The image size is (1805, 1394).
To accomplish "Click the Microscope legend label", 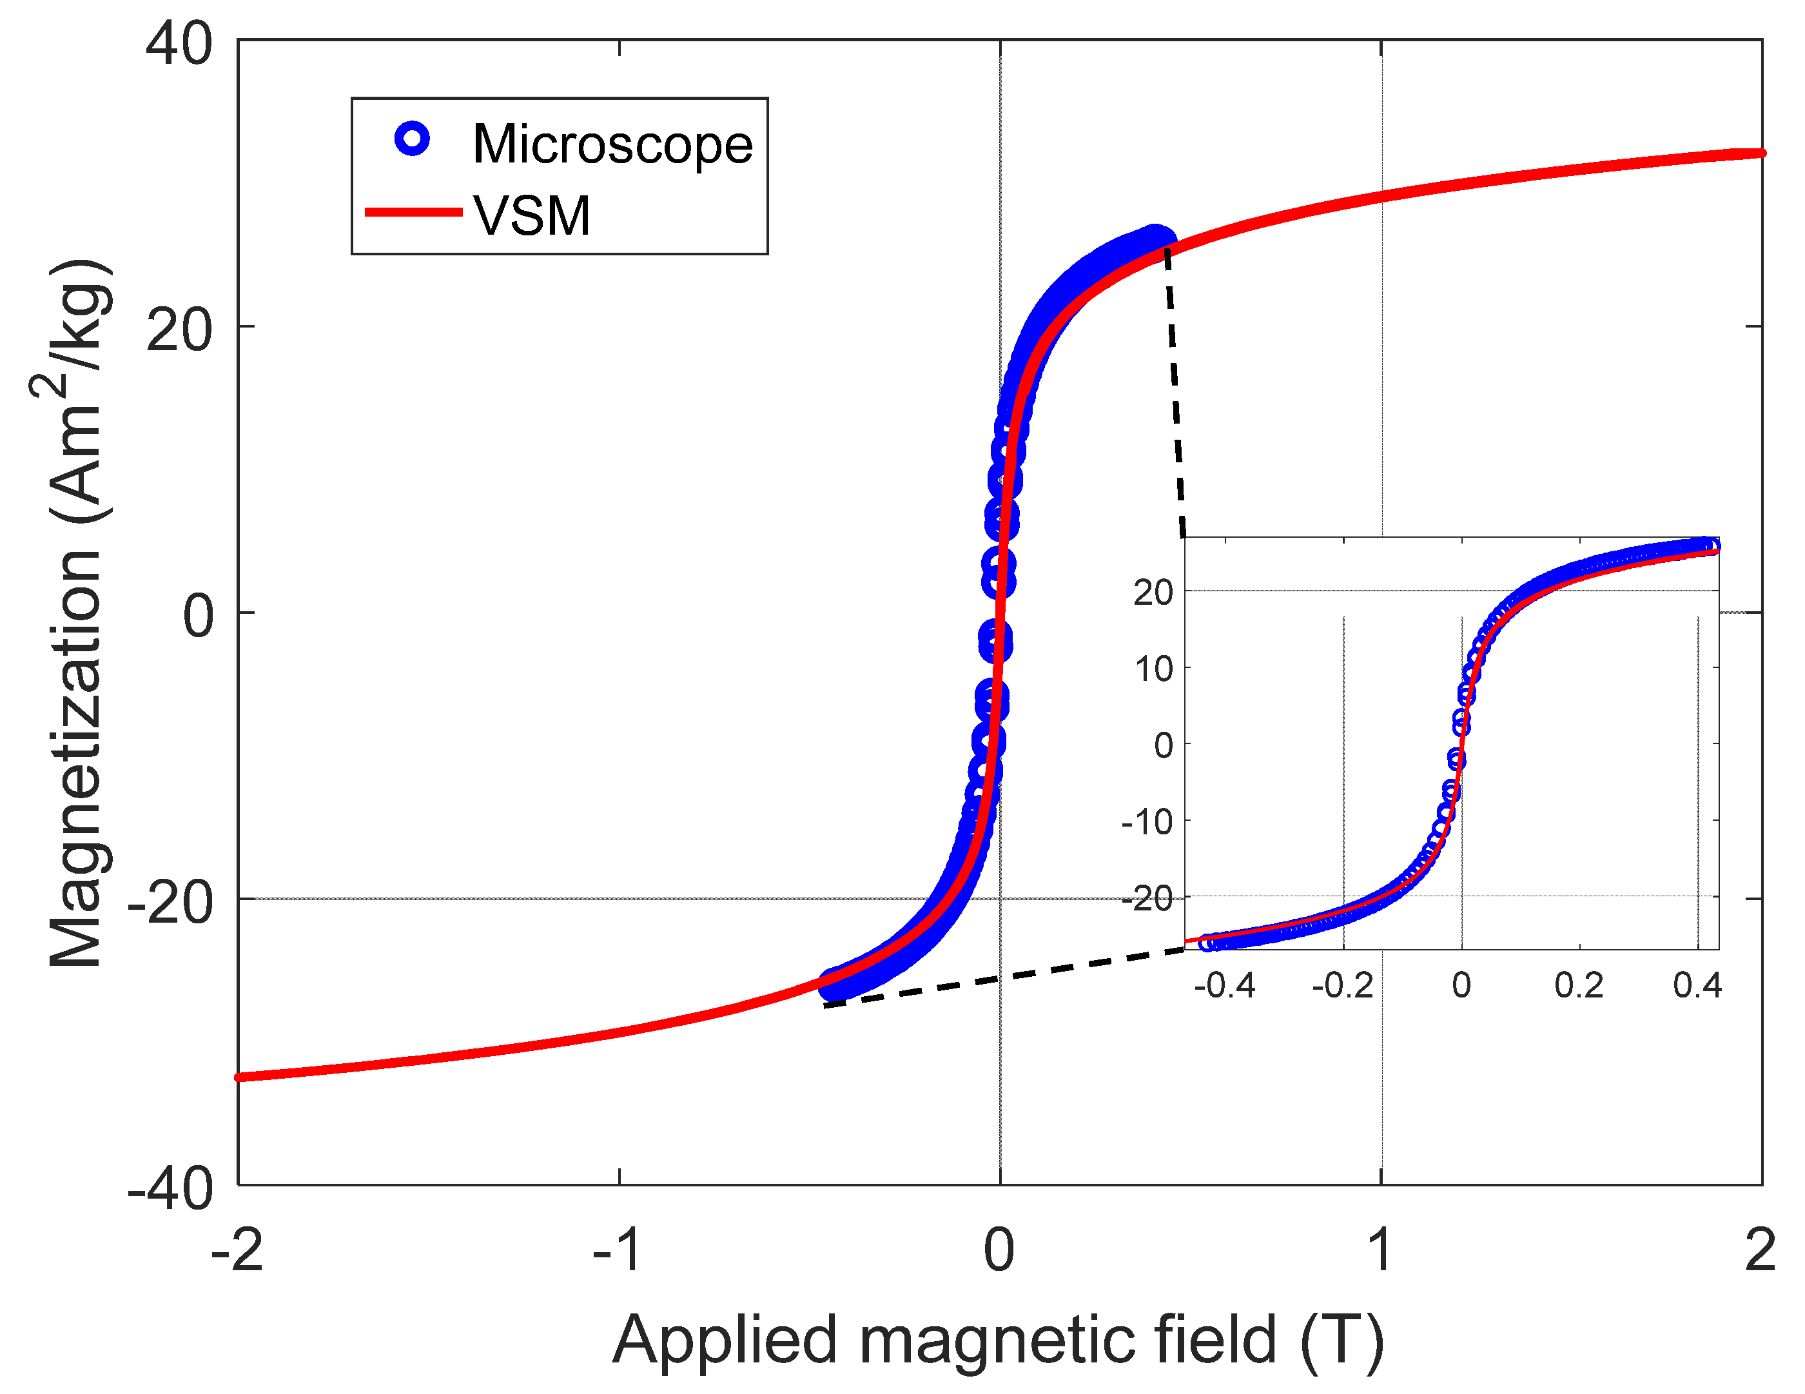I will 612,144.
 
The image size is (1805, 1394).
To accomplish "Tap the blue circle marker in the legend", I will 411,138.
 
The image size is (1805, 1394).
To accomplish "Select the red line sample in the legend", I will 413,213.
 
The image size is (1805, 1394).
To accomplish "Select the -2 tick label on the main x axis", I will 237,1250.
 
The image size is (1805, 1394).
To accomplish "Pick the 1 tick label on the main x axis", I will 1381,1250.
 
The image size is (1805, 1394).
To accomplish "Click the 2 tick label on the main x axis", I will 1761,1250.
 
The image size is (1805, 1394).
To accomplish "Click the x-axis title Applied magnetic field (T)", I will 999,1339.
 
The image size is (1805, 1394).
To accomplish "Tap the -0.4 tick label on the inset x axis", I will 1224,986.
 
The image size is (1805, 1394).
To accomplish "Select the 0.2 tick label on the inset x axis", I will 1579,986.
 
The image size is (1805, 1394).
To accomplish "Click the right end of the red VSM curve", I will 1761,153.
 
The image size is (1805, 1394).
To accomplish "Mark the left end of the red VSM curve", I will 240,1077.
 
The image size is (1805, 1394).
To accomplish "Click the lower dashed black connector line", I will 1004,978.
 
